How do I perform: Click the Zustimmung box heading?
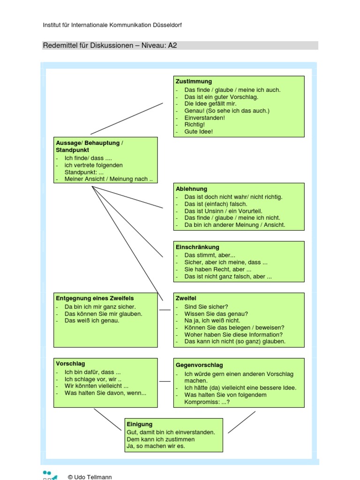(x=194, y=82)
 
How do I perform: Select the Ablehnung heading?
(x=191, y=189)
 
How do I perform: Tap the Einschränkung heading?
(x=197, y=247)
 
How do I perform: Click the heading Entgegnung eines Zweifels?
(x=95, y=298)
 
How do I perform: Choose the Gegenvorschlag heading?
(x=199, y=365)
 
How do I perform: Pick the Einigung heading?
(x=140, y=424)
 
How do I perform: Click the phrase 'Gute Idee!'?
(x=199, y=132)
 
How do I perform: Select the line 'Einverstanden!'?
(x=205, y=118)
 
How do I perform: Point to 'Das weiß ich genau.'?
(x=92, y=321)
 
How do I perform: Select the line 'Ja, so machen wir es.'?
(x=156, y=446)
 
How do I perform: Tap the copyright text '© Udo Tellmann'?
(x=90, y=477)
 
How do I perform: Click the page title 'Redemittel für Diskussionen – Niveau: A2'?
(x=110, y=45)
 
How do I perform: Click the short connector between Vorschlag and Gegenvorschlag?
(x=165, y=382)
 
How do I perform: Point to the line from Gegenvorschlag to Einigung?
(x=242, y=422)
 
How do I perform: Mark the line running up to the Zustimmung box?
(x=127, y=119)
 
